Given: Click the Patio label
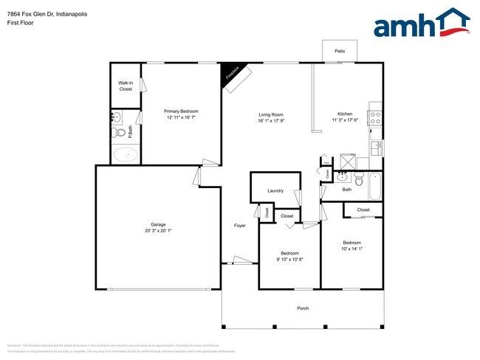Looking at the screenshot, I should pyautogui.click(x=340, y=52).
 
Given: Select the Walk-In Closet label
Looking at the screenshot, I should pyautogui.click(x=126, y=86).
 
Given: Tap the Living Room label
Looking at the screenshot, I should pyautogui.click(x=271, y=114).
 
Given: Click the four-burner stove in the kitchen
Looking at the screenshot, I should pyautogui.click(x=375, y=115).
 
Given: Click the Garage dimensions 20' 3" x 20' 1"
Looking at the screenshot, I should pyautogui.click(x=158, y=231).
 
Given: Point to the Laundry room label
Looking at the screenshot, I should pyautogui.click(x=275, y=191).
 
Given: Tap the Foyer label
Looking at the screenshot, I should pyautogui.click(x=240, y=225).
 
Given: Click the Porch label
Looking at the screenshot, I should pyautogui.click(x=303, y=308).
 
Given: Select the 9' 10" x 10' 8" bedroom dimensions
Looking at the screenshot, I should pyautogui.click(x=290, y=259).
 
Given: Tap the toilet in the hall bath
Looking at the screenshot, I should pyautogui.click(x=359, y=179).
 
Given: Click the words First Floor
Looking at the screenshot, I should pyautogui.click(x=21, y=23).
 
